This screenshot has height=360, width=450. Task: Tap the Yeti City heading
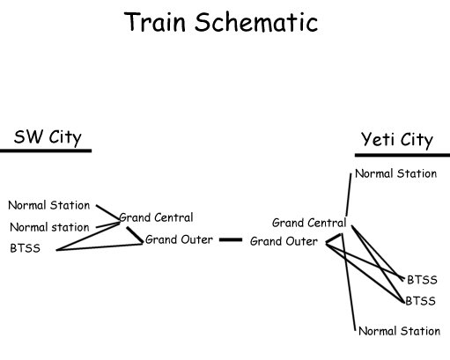397,140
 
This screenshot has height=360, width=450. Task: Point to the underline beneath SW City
46,151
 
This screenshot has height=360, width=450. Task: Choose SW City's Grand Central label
157,217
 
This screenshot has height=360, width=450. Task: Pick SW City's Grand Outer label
179,239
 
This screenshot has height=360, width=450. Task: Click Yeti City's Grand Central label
308,223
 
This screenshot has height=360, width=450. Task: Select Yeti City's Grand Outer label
284,241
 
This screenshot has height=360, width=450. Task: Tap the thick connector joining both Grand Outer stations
231,239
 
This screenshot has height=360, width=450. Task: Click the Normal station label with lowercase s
49,227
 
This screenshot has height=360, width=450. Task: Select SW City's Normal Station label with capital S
49,205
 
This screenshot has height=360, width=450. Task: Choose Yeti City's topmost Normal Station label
396,173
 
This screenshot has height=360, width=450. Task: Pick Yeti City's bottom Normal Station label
399,331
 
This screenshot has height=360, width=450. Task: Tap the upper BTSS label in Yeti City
422,280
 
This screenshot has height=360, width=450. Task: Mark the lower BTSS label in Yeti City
422,301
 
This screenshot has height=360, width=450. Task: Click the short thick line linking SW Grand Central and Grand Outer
134,234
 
